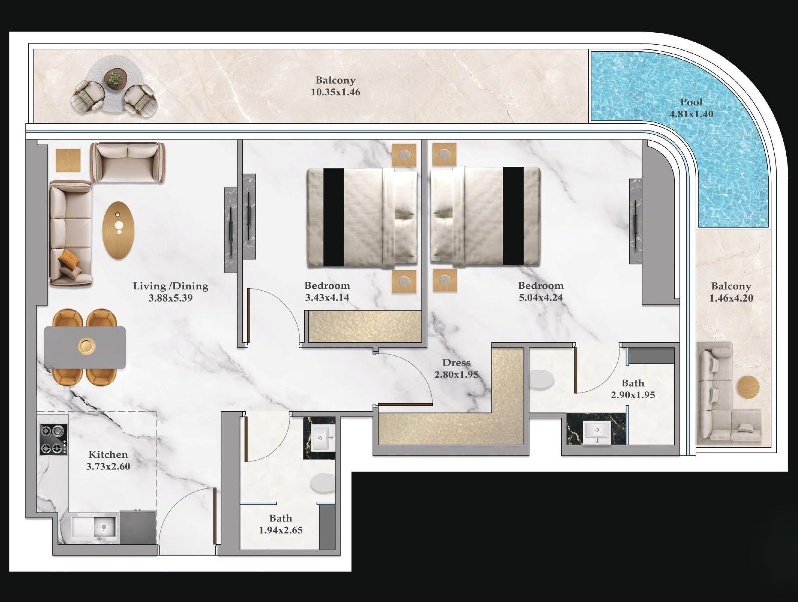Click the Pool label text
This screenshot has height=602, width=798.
point(691,102)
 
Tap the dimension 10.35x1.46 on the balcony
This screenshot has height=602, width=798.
point(335,92)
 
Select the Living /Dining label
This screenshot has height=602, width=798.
point(170,286)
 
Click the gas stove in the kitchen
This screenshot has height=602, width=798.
point(54,439)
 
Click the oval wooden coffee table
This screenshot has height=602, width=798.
point(119,229)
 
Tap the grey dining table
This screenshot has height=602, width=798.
point(85,347)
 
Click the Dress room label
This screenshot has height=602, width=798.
point(456,363)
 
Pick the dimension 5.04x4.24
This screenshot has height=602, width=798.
point(541,298)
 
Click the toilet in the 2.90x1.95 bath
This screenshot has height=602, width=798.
point(541,379)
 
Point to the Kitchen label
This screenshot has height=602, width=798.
point(108,455)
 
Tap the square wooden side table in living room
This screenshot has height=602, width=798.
point(68,161)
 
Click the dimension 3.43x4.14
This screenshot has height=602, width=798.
point(327,298)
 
